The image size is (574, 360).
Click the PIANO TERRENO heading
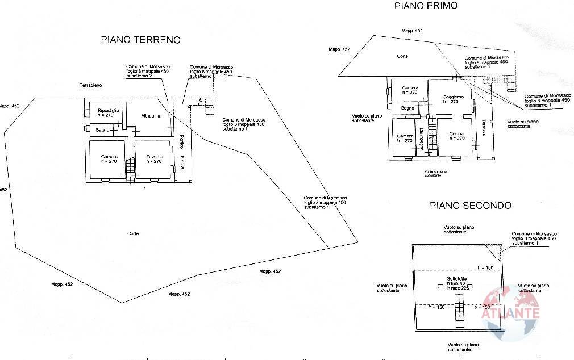140,40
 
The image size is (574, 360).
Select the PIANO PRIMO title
426,6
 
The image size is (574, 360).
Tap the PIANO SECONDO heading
470,206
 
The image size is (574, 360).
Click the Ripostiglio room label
108,110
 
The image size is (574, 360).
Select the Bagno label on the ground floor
102,131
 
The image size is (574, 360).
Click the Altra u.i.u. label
152,116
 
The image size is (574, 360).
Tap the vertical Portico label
180,141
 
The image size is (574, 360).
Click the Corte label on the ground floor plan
134,234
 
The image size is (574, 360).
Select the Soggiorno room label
454,97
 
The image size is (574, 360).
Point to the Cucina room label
456,134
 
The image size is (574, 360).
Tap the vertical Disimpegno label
421,138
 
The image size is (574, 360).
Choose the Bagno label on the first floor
407,108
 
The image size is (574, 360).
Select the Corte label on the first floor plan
402,56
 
